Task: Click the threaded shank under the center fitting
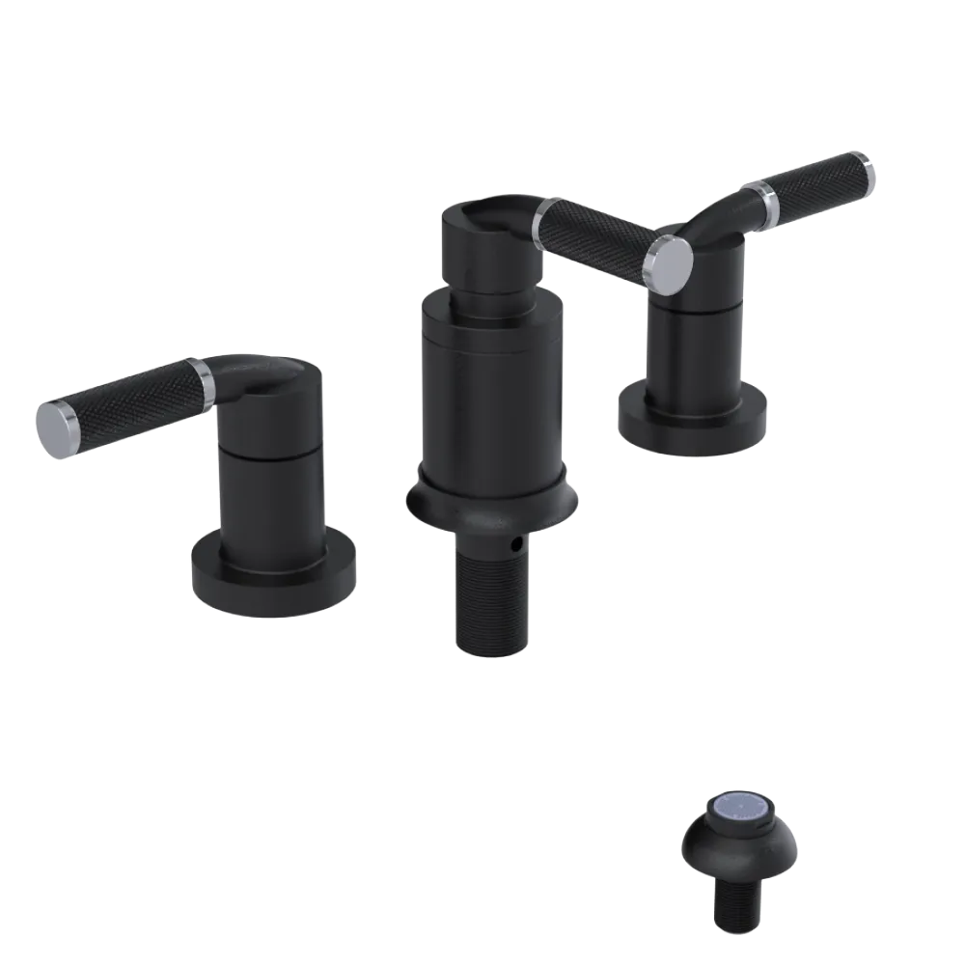[x=490, y=598]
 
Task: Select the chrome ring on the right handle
[x=769, y=199]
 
